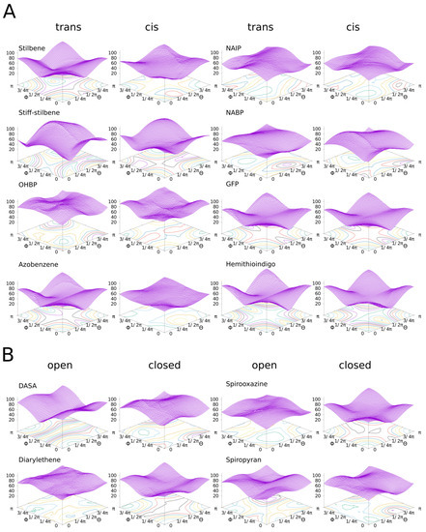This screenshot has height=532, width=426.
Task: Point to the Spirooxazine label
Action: pos(244,386)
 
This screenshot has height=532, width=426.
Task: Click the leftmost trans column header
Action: pos(68,27)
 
